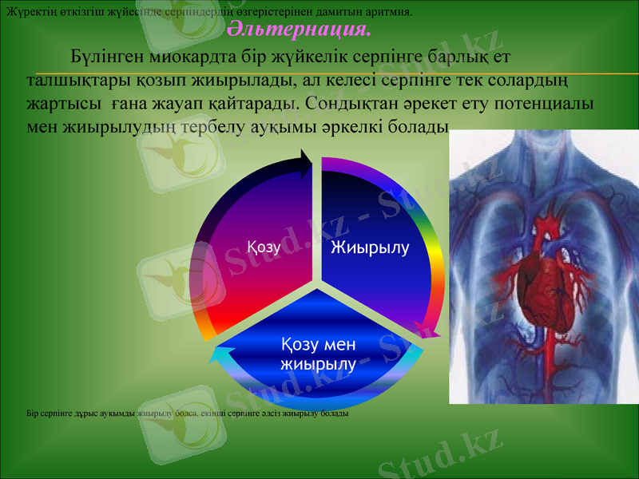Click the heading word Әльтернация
[x=300, y=30]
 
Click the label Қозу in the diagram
[x=264, y=247]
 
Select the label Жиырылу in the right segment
[x=370, y=247]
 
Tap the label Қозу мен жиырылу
[x=318, y=354]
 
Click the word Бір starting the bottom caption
[x=33, y=414]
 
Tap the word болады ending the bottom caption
[x=335, y=414]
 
